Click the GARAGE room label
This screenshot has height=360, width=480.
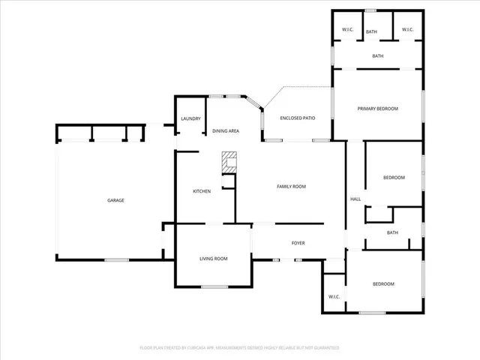[115, 200]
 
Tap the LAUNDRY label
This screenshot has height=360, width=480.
[190, 118]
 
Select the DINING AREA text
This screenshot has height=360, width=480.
[226, 131]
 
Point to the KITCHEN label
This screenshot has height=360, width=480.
[202, 191]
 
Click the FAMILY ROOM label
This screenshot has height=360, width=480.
[291, 187]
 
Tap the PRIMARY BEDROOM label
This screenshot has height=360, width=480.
[377, 109]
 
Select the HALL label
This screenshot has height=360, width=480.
[355, 199]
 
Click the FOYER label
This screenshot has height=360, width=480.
[298, 243]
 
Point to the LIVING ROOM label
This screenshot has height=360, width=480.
[213, 259]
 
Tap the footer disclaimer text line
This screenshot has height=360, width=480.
[240, 348]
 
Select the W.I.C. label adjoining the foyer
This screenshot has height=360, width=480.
[334, 297]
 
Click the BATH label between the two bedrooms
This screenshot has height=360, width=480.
[392, 232]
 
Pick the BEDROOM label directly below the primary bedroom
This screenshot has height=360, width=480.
[394, 178]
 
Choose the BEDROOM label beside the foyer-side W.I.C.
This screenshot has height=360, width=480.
[384, 283]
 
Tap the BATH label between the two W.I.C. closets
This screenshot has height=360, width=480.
[371, 31]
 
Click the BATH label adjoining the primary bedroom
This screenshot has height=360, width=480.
[378, 55]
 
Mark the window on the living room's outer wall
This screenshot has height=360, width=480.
[214, 287]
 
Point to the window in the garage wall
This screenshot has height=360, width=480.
[115, 260]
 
